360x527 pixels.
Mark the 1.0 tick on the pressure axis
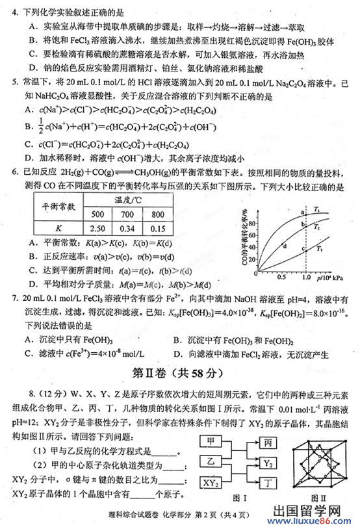tap(305, 276)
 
